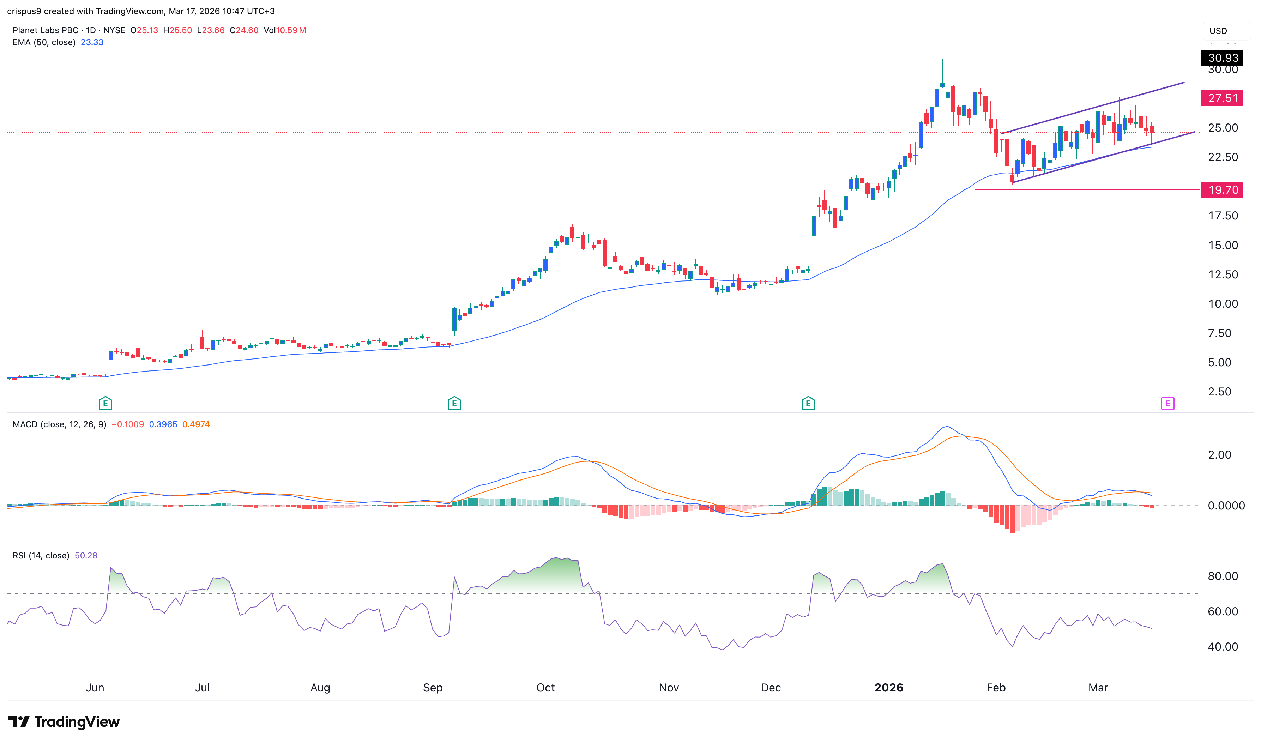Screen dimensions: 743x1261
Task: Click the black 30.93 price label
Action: tap(1222, 58)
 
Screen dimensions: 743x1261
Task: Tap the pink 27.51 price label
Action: tap(1222, 98)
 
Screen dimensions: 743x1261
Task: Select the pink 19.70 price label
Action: tap(1222, 190)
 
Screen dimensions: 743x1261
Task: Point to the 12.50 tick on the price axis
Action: tap(1223, 274)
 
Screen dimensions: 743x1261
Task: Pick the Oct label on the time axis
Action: tap(545, 687)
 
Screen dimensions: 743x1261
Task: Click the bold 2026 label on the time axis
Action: tap(888, 687)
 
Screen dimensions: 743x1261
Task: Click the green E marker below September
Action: tap(454, 404)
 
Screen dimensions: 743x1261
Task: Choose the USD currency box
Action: tap(1218, 31)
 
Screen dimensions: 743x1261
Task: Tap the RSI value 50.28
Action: tap(86, 556)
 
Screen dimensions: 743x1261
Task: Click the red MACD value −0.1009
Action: tap(128, 424)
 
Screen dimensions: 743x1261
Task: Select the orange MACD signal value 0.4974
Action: tap(196, 424)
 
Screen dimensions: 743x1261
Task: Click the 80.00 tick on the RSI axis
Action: tap(1223, 576)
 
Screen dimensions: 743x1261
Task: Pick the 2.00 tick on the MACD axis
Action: tap(1219, 455)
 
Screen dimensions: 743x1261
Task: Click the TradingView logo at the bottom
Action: tap(64, 721)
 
